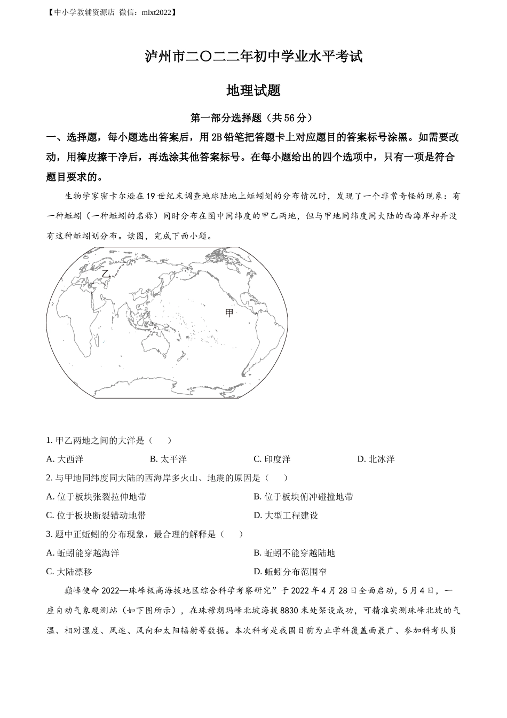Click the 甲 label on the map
pyautogui.click(x=229, y=313)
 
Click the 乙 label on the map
pyautogui.click(x=106, y=274)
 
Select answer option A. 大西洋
pyautogui.click(x=65, y=459)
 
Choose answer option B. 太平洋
pyautogui.click(x=168, y=459)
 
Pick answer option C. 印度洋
pyautogui.click(x=272, y=459)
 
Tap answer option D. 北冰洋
pyautogui.click(x=376, y=459)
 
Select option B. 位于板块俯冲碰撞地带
pyautogui.click(x=303, y=496)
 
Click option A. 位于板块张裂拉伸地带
pyautogui.click(x=96, y=496)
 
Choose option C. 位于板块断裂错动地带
pyautogui.click(x=96, y=515)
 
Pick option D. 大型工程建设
pyautogui.click(x=286, y=515)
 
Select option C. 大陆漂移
pyautogui.click(x=69, y=571)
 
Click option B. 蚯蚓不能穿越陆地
pyautogui.click(x=294, y=552)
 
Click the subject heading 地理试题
pyautogui.click(x=253, y=90)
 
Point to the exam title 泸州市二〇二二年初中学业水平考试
pyautogui.click(x=253, y=57)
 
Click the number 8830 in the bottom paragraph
pyautogui.click(x=288, y=610)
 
